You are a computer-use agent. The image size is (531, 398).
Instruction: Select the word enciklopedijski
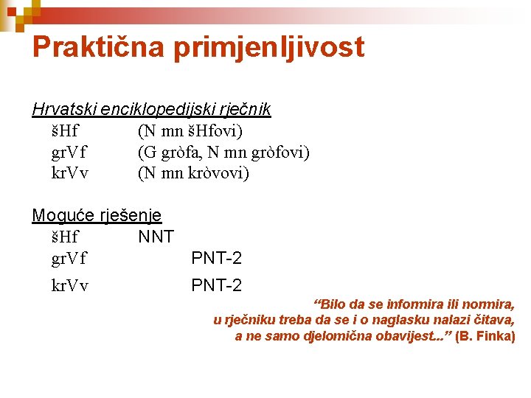[x=154, y=111]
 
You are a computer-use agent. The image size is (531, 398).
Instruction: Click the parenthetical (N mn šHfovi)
[x=190, y=131]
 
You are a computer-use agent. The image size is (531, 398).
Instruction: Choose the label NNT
[x=156, y=237]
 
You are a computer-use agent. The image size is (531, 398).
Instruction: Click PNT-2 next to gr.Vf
[x=216, y=258]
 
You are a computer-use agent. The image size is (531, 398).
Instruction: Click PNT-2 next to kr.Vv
[x=216, y=284]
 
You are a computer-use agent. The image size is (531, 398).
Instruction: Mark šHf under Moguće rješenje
[x=65, y=237]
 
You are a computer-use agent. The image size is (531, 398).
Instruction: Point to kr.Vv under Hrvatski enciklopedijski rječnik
[x=69, y=173]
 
